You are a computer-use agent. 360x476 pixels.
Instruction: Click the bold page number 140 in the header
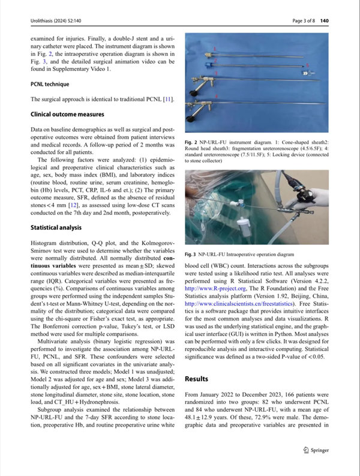coord(342,22)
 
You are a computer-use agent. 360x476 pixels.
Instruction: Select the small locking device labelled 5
coord(306,72)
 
